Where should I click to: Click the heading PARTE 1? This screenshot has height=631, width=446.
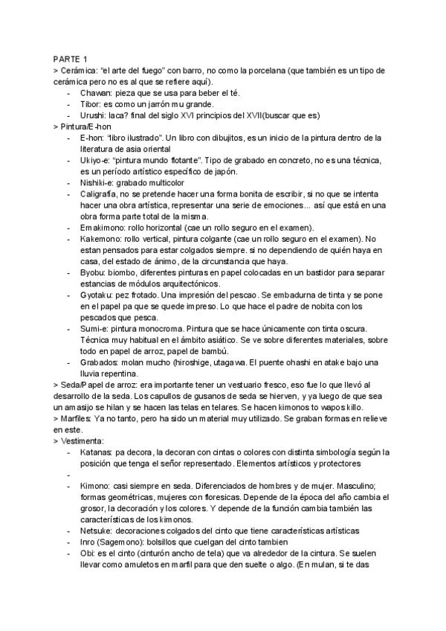pos(70,59)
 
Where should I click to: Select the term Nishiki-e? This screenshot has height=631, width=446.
pos(97,182)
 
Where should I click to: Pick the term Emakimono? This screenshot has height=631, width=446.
pos(103,227)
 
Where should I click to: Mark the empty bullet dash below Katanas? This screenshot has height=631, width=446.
pos(68,474)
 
